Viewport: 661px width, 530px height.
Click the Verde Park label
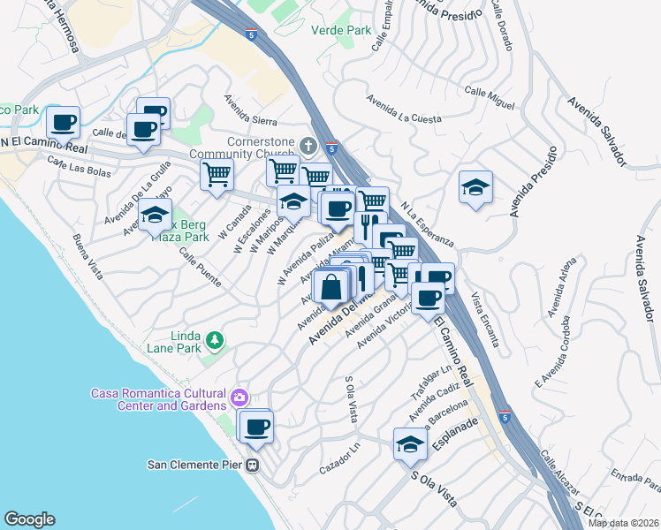[x=341, y=29]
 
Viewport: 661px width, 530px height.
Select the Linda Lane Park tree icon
[x=213, y=340]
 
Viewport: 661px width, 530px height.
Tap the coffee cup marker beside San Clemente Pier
[x=256, y=428]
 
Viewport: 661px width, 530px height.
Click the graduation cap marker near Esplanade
[x=410, y=444]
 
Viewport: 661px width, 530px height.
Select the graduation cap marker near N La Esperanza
[x=475, y=187]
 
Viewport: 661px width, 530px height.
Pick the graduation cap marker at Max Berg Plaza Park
[x=155, y=215]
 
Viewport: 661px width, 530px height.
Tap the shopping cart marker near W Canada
[x=217, y=173]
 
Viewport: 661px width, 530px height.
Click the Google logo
[x=29, y=519]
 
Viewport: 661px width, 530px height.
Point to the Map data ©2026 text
[x=623, y=523]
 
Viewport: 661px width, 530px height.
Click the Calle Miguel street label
[x=489, y=98]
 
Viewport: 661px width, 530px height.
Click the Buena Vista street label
[x=87, y=257]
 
